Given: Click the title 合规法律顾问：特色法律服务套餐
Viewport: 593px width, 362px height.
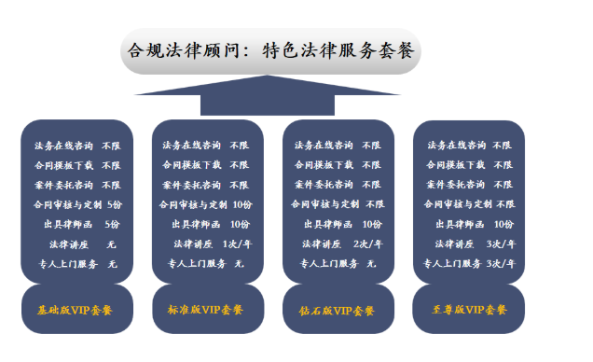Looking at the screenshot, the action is [x=270, y=50].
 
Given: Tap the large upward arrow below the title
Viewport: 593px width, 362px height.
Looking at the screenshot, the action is [x=268, y=95].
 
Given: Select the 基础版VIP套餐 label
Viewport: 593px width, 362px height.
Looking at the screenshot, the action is [x=75, y=310].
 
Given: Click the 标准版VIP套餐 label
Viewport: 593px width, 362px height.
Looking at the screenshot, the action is [x=205, y=310].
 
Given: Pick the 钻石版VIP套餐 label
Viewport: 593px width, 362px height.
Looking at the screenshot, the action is [x=337, y=311].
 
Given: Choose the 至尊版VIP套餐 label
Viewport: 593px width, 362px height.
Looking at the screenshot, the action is [x=469, y=310].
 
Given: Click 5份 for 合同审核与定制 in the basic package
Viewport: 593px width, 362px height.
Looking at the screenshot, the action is [x=115, y=204].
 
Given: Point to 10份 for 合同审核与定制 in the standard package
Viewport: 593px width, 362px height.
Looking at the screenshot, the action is [x=242, y=204].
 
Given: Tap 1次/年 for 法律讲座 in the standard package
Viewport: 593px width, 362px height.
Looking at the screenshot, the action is [x=237, y=244].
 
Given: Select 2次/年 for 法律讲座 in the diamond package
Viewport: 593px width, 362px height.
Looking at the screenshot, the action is [x=368, y=244].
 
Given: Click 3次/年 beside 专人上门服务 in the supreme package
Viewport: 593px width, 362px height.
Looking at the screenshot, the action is [x=501, y=264].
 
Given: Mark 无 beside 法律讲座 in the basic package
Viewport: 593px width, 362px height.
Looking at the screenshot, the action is [x=111, y=244].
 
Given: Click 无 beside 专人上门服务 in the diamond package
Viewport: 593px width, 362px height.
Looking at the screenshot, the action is [x=371, y=264].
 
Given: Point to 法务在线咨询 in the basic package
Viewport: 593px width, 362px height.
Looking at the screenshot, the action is [x=63, y=146].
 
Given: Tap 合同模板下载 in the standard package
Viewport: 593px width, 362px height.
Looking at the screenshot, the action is [x=192, y=165].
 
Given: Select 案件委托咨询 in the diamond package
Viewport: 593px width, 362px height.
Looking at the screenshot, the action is [x=324, y=185].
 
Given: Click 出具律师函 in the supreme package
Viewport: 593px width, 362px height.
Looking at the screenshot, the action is [x=460, y=224].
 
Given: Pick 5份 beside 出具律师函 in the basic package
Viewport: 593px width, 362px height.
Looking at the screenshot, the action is [x=112, y=224].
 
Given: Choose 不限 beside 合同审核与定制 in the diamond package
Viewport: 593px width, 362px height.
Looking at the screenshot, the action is [x=375, y=204].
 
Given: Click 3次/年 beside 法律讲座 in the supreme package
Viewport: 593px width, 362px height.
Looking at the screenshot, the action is [x=501, y=244].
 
